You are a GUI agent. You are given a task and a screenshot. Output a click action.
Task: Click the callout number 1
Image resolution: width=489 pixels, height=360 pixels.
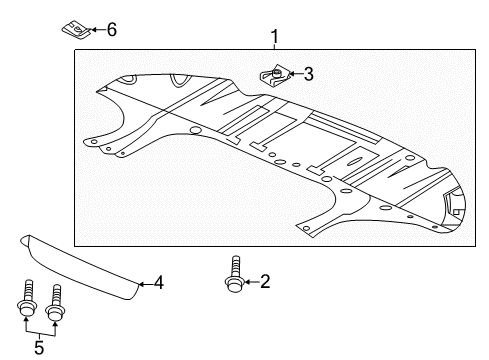pos(274,38)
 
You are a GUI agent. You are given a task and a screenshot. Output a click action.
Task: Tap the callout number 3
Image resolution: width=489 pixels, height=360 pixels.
pos(308,73)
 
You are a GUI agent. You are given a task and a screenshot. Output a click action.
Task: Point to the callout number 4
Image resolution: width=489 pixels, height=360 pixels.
pos(159,284)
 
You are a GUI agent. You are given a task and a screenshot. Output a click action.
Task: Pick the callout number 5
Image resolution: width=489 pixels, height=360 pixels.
pos(39,348)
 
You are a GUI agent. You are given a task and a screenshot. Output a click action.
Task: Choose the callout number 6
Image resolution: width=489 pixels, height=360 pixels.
pos(111,29)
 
